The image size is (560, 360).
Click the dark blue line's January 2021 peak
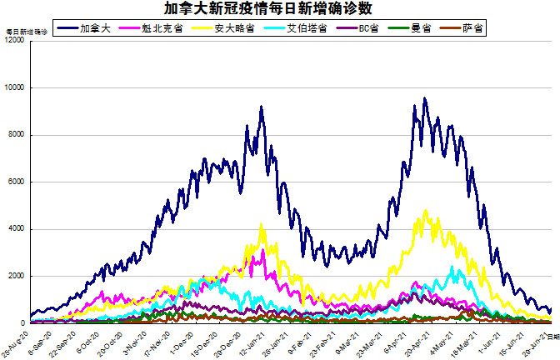click(x=262, y=107)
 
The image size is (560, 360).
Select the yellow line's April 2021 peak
click(x=426, y=211)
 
